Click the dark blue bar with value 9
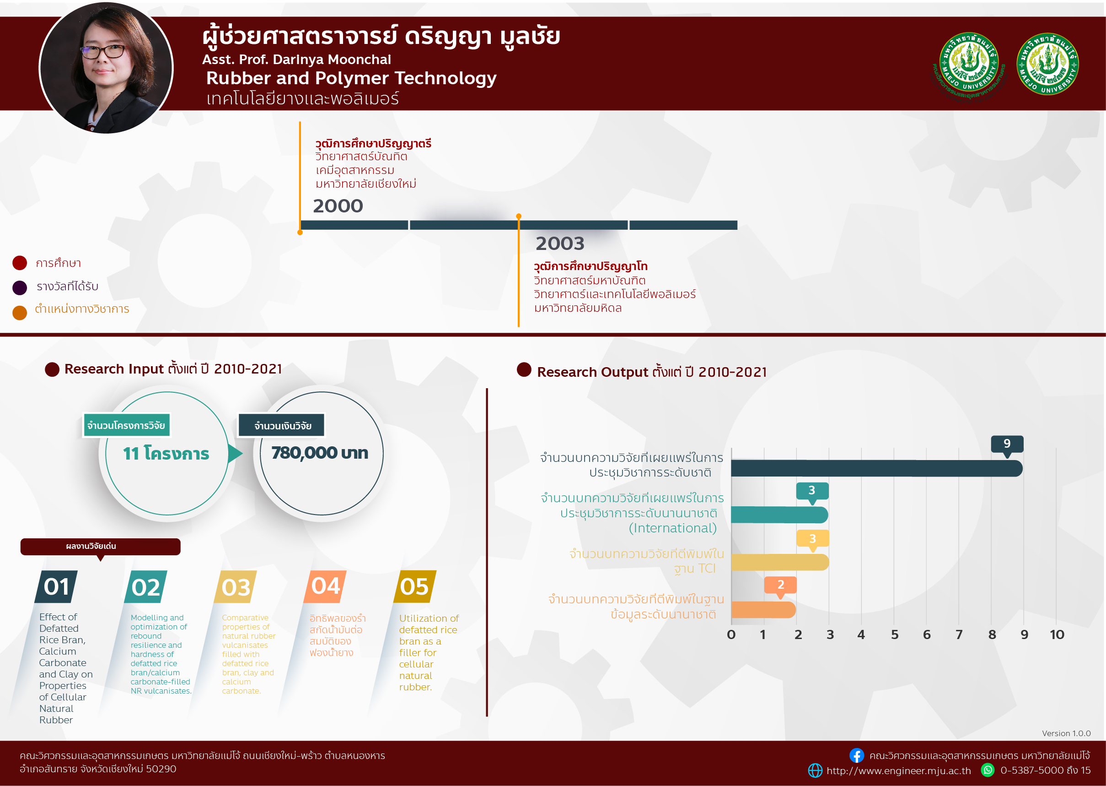point(876,468)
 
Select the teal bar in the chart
point(779,515)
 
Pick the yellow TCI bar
point(780,562)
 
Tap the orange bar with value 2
point(763,609)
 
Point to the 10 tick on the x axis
point(1057,634)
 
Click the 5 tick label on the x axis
point(895,634)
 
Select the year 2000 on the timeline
point(338,206)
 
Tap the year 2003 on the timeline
point(560,244)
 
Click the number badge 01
point(56,586)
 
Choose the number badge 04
point(325,586)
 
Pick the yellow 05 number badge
point(415,586)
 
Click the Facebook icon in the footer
point(856,755)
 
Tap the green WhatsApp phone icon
point(988,770)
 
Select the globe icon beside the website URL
point(816,770)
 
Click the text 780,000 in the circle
point(304,453)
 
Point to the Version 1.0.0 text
point(1066,733)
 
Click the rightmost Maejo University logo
point(1047,64)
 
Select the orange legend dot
point(20,313)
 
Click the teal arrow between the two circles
point(235,454)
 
